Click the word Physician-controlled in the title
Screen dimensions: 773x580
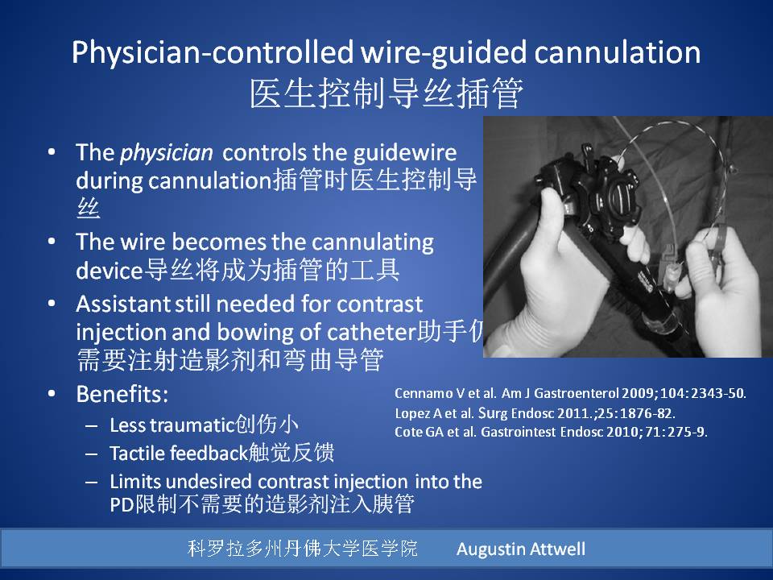point(213,52)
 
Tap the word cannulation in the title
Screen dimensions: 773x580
point(617,52)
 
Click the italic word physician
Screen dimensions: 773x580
point(167,153)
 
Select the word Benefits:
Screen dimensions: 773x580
point(122,394)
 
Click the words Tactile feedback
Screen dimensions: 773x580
point(178,454)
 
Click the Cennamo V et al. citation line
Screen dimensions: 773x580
point(570,393)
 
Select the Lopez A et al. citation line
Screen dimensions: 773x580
point(535,412)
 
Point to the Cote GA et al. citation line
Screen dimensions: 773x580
point(551,432)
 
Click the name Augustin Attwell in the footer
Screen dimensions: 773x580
point(521,549)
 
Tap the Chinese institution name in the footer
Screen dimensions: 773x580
point(303,549)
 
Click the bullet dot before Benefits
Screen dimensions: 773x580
point(52,394)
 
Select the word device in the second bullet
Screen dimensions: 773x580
point(110,271)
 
